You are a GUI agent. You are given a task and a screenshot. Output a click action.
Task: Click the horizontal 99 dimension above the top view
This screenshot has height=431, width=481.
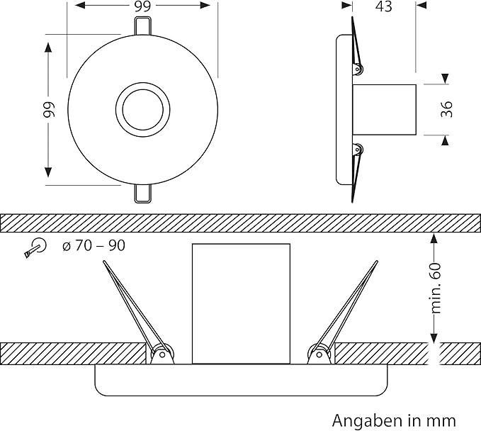tap(142, 6)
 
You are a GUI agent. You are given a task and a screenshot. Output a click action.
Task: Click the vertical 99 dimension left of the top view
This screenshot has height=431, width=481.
tap(48, 110)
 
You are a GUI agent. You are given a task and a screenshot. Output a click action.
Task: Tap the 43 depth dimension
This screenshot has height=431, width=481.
tap(383, 6)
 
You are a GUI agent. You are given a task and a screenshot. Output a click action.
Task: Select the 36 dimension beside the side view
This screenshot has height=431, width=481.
tap(446, 109)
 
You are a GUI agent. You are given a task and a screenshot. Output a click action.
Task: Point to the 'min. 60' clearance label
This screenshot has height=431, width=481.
tap(436, 288)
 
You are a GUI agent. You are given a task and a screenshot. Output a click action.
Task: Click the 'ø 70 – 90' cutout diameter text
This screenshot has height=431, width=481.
tap(94, 245)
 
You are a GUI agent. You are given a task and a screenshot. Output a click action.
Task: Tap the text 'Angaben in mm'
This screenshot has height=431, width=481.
tap(394, 420)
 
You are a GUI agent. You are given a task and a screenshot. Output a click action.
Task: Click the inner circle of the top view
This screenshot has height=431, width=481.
tap(142, 109)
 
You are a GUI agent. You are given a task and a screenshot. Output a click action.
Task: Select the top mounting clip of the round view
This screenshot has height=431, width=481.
tap(142, 26)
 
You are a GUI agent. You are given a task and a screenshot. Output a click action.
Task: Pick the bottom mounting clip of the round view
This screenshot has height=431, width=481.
tap(142, 194)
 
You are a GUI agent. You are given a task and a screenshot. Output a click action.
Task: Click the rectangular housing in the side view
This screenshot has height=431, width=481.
tap(385, 110)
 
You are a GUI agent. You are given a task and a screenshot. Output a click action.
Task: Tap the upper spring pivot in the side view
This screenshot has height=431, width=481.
tap(357, 69)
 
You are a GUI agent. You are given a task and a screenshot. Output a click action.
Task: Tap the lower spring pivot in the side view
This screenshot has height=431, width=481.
tap(357, 150)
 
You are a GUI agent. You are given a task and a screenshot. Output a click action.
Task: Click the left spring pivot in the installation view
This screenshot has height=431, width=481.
tap(162, 354)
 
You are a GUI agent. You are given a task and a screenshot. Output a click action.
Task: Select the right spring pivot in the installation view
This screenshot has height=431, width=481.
tap(319, 354)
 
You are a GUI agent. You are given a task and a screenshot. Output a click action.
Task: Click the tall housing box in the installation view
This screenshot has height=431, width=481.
tap(241, 304)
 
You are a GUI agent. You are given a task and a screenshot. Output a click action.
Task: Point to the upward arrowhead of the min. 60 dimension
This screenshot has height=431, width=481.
tap(434, 238)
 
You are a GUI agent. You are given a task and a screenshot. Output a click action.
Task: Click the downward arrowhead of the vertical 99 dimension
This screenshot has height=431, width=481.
tap(48, 172)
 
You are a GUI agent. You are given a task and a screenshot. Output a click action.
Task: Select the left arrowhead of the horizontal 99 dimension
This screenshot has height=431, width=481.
tap(80, 5)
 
